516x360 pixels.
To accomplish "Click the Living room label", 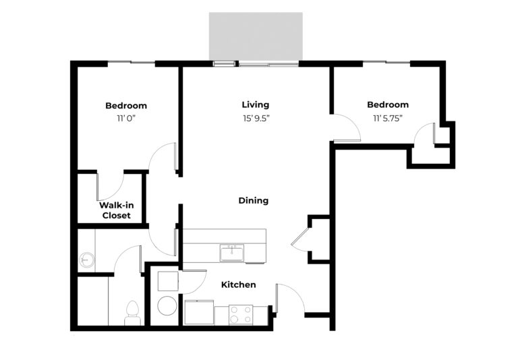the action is click(x=256, y=105).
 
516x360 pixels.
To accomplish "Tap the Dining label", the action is click(x=254, y=200).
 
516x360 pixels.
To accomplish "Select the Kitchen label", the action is click(x=239, y=284).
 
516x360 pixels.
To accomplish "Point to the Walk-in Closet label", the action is click(x=117, y=210).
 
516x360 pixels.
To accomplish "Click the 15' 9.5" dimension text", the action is click(x=256, y=119).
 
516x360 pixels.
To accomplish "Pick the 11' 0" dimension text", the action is click(x=126, y=119).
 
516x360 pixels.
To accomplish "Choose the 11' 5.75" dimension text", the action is click(x=388, y=119).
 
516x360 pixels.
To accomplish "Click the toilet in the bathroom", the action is click(x=133, y=313).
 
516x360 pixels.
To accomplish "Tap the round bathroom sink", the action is click(x=87, y=260).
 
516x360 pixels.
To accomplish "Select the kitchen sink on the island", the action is click(x=231, y=253).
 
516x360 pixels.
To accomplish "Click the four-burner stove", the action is click(x=241, y=315).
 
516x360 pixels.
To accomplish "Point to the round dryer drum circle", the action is click(x=168, y=306).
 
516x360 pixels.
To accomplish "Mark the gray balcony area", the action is click(x=256, y=36).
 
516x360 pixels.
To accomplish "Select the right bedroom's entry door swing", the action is click(x=347, y=127).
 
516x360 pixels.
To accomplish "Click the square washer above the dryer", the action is click(x=168, y=280).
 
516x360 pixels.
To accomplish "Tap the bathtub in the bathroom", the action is click(x=93, y=301).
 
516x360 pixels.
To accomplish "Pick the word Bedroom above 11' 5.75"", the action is click(x=388, y=105).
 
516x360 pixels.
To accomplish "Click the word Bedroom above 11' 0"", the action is click(x=126, y=106).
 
